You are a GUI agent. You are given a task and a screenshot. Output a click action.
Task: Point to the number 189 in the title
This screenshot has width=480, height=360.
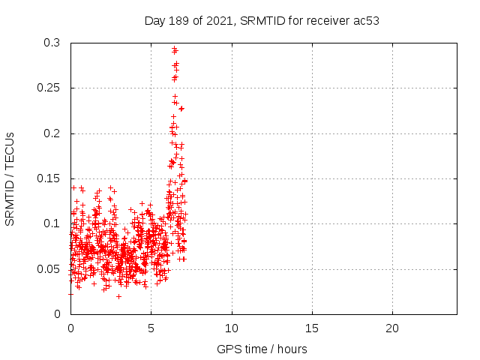point(178,20)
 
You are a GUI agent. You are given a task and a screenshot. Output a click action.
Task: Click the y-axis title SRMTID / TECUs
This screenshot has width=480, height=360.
point(10,178)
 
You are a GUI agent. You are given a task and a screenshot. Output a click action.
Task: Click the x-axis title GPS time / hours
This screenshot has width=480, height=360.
point(262,349)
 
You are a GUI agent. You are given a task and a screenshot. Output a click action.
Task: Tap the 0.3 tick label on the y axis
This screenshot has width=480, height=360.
point(52,43)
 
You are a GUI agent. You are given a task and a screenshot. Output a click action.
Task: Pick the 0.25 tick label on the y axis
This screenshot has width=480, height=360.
point(49,88)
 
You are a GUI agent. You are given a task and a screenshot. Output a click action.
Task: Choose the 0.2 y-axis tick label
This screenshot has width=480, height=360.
point(52,133)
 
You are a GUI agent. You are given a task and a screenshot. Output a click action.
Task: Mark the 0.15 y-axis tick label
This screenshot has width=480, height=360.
point(49,178)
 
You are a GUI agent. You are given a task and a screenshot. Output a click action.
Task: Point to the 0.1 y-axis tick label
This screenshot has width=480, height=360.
point(52,223)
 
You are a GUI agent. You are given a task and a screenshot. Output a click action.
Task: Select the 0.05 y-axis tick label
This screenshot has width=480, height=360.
point(49,268)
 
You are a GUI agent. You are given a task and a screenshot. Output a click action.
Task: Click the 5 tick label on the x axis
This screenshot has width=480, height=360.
point(151,328)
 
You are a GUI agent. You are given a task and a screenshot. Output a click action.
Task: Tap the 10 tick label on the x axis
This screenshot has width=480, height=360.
point(232,328)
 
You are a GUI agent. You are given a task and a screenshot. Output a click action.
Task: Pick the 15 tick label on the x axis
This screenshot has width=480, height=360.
point(312,328)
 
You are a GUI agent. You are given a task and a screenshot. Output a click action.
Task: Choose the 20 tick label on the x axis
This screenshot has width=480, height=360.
point(392,328)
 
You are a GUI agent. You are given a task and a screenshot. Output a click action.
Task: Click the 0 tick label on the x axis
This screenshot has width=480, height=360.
point(70,328)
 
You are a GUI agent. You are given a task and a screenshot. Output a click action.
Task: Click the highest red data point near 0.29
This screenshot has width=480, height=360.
point(174,49)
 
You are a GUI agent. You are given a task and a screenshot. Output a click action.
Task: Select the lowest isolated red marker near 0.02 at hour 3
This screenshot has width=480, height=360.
point(118,296)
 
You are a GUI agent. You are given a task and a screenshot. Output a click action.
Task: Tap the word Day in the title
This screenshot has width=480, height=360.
point(154,20)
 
